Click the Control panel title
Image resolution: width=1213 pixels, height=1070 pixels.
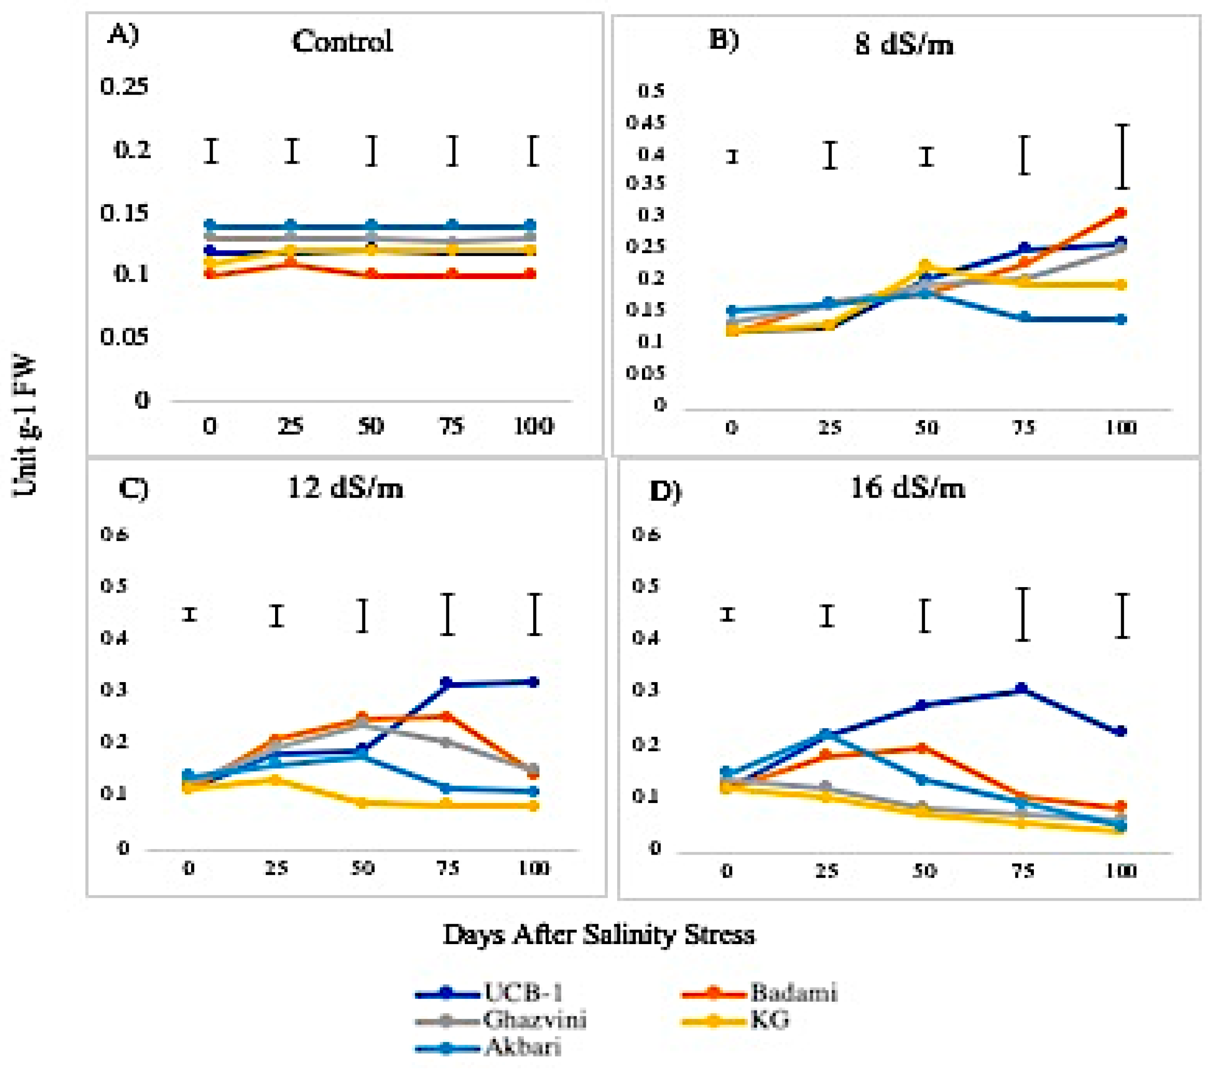342,42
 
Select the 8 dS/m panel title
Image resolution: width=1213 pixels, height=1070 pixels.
904,44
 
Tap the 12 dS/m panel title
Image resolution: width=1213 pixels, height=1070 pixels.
345,488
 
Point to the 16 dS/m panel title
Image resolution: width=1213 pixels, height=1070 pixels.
907,488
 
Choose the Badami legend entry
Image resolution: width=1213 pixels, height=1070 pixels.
793,993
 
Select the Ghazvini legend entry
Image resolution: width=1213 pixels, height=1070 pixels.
534,1020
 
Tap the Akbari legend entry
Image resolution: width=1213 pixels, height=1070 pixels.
522,1047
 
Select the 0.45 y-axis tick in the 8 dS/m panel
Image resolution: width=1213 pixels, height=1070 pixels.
645,123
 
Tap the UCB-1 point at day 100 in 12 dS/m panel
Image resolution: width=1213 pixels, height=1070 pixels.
534,682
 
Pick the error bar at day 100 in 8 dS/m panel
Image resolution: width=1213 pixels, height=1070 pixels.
1121,157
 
